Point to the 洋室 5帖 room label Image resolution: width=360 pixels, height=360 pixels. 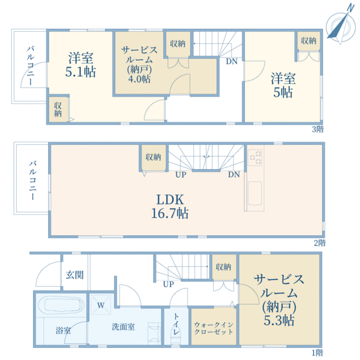(x=281, y=85)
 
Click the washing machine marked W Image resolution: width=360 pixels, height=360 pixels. (x=100, y=305)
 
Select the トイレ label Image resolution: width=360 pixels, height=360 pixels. (x=176, y=325)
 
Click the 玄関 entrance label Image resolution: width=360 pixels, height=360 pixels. (x=74, y=275)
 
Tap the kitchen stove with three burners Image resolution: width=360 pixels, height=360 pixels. (x=254, y=157)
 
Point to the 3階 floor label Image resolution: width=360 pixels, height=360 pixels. (x=318, y=129)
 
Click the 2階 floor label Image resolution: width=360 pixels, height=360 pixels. (x=318, y=243)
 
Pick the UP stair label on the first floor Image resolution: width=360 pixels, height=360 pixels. (x=169, y=284)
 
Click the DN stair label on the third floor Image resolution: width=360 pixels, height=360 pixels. (x=231, y=61)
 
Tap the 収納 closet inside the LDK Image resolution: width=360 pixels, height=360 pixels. (x=152, y=157)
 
